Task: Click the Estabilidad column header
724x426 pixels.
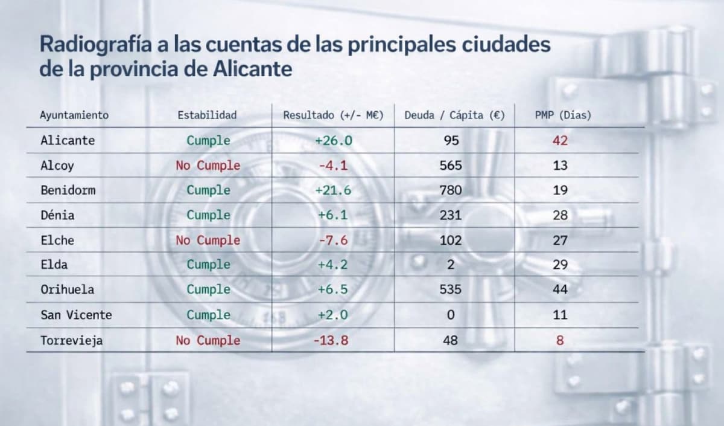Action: [207, 115]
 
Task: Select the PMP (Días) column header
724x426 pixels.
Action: [563, 115]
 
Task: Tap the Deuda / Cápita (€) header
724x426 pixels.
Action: [454, 115]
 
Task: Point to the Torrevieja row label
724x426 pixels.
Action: [71, 340]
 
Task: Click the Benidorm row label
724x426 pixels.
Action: [68, 190]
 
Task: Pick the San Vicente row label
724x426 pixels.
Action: [76, 315]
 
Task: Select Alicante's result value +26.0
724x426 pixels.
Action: [333, 140]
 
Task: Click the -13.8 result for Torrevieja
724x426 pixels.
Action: [331, 340]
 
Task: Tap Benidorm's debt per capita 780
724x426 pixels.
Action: [451, 190]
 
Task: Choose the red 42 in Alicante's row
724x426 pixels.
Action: [560, 140]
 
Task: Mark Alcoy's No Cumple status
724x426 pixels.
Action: [208, 165]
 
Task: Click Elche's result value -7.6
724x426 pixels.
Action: [332, 240]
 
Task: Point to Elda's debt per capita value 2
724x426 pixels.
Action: [451, 265]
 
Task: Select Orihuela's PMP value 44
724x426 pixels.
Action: [560, 289]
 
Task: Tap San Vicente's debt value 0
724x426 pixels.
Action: [451, 315]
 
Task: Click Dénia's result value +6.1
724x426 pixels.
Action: [333, 215]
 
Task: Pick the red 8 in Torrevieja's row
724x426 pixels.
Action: [560, 340]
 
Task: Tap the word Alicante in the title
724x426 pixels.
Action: [253, 69]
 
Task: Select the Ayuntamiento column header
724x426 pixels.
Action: [74, 115]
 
